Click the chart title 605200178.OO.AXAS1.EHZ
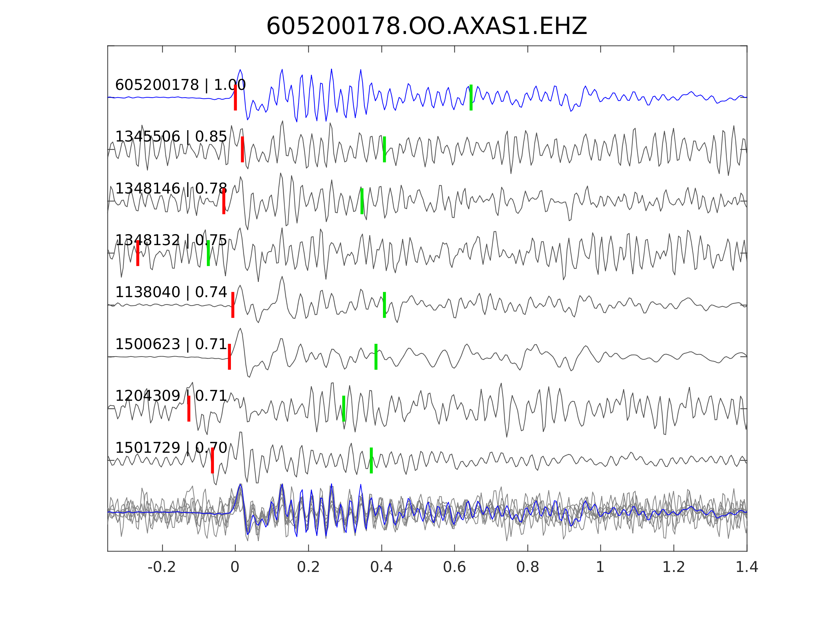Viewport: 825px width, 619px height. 426,27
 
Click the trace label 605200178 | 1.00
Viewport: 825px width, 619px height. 180,85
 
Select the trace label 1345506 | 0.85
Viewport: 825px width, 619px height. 171,137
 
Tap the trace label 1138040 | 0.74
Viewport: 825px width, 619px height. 171,292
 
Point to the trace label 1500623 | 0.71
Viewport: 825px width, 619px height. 171,344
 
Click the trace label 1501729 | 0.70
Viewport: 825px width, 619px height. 171,447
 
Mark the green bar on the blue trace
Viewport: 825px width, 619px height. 471,97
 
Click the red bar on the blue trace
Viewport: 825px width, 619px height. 236,97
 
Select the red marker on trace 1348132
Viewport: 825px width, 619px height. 138,253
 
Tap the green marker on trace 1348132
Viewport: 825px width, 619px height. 209,253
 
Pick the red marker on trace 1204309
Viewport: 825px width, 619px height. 189,409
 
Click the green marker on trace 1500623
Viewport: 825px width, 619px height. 376,357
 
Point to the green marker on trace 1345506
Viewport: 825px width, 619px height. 384,149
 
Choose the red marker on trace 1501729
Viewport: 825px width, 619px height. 212,461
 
